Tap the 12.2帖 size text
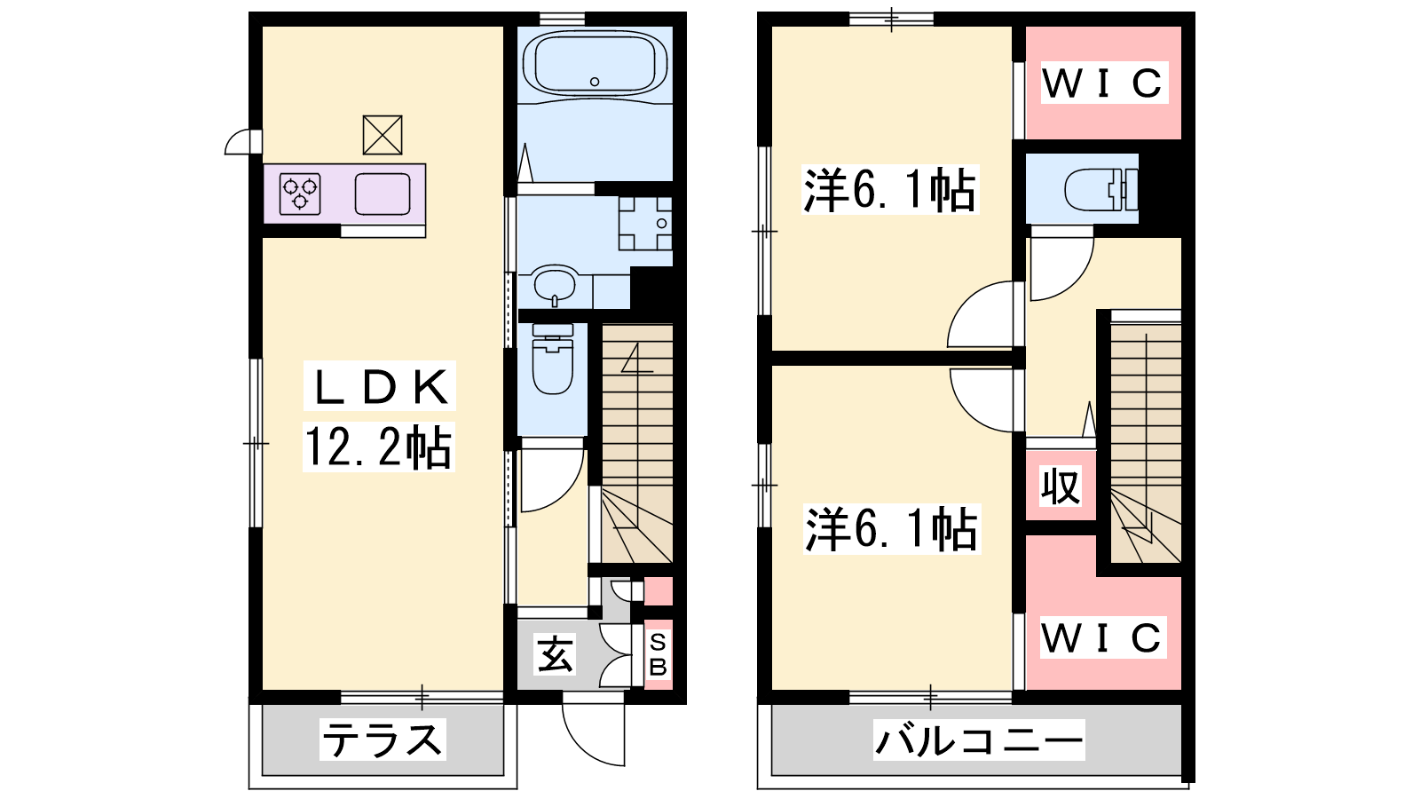click(x=378, y=447)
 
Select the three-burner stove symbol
click(x=300, y=194)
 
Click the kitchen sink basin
click(x=383, y=194)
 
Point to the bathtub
click(x=595, y=63)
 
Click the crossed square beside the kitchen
click(x=383, y=135)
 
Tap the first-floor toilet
click(x=553, y=359)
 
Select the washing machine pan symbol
click(x=645, y=223)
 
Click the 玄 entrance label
click(x=555, y=653)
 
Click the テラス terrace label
click(x=383, y=740)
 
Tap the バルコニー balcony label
click(x=979, y=740)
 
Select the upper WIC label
click(x=1104, y=83)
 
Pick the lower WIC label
click(x=1103, y=637)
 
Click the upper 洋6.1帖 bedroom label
click(x=890, y=190)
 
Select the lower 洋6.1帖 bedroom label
click(x=892, y=529)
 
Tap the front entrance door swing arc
click(x=593, y=729)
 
